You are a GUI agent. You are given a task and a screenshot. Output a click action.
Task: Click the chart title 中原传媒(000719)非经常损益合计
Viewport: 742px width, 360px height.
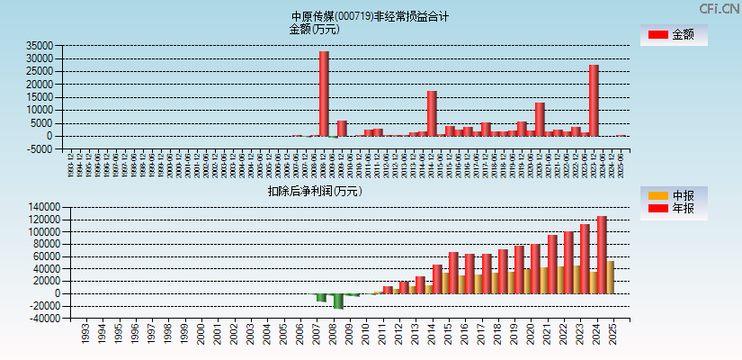point(370,16)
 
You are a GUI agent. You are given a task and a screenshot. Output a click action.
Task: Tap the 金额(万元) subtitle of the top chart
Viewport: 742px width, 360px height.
point(314,29)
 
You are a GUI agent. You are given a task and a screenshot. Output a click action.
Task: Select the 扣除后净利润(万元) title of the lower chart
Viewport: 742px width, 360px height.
point(314,191)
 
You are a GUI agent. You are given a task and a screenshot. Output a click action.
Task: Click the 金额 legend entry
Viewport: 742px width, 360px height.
point(673,35)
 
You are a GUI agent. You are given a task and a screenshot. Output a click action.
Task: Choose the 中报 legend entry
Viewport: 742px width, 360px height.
point(673,195)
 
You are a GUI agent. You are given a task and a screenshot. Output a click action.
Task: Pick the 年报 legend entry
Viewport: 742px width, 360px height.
point(673,209)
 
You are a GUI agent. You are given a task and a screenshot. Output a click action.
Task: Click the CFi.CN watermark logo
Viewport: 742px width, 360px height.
point(719,8)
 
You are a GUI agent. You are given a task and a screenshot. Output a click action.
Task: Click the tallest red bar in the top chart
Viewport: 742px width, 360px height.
point(324,94)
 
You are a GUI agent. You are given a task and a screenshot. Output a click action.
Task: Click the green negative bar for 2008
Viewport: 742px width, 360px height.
point(338,301)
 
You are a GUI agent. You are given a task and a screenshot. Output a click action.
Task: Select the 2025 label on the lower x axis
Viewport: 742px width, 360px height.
point(613,335)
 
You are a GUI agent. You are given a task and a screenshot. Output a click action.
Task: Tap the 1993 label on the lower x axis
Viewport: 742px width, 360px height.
point(85,335)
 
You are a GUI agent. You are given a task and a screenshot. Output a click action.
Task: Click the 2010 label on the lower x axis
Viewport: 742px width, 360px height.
point(365,335)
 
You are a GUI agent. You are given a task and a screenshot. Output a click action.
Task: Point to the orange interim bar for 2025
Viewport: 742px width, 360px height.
point(611,277)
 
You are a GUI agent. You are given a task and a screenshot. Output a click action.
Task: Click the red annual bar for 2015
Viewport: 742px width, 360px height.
point(453,273)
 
